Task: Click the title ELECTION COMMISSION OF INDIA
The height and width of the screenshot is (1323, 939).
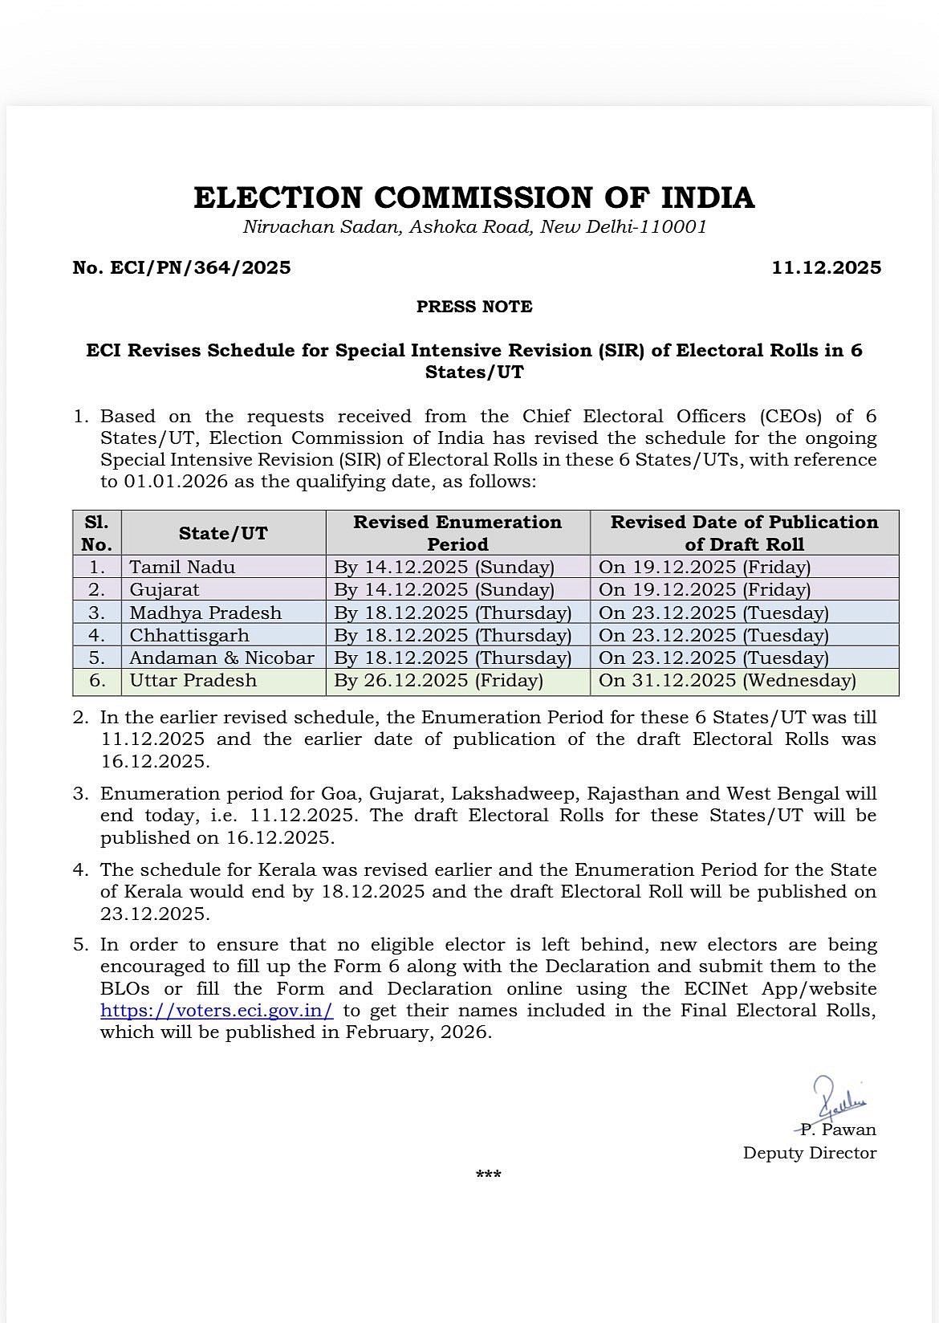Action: [474, 197]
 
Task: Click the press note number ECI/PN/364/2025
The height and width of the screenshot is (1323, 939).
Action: [181, 267]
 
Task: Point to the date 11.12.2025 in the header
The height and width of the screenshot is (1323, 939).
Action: [826, 267]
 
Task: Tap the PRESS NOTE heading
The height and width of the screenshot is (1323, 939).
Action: [474, 307]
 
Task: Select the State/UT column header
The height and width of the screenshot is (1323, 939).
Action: [223, 533]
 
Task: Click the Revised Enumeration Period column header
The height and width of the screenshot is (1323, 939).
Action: [457, 533]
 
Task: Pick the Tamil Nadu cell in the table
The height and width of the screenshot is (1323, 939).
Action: [182, 567]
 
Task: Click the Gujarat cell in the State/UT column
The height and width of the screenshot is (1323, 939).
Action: [165, 589]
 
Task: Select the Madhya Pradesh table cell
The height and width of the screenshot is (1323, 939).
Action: [205, 613]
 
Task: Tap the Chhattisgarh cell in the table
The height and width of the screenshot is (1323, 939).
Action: [189, 635]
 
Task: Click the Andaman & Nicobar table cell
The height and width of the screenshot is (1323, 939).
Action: [222, 657]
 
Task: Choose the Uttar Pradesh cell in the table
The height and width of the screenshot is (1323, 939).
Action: [193, 681]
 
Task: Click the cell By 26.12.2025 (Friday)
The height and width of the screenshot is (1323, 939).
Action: [438, 681]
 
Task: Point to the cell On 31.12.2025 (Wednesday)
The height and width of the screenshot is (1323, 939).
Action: [727, 681]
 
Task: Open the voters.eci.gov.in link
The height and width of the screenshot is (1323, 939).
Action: [217, 1011]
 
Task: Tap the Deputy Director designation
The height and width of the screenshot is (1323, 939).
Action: [809, 1153]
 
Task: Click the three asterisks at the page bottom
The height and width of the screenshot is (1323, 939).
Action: [488, 1175]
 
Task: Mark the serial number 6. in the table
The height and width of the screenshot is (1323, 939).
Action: [97, 681]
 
